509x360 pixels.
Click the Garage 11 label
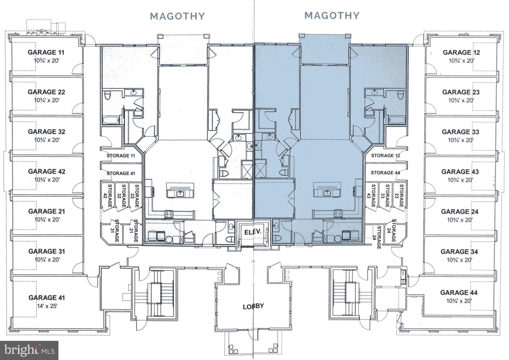pyautogui.click(x=46, y=52)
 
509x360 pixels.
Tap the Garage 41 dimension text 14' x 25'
pyautogui.click(x=47, y=306)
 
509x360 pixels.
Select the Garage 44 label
pyautogui.click(x=459, y=292)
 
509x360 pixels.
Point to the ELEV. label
pyautogui.click(x=253, y=232)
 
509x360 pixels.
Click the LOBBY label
pyautogui.click(x=253, y=306)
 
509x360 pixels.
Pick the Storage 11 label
pyautogui.click(x=121, y=156)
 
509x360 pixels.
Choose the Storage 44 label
pyautogui.click(x=385, y=173)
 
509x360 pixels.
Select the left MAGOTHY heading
pyautogui.click(x=177, y=16)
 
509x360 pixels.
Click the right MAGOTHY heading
pyautogui.click(x=332, y=16)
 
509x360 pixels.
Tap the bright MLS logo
pyautogui.click(x=29, y=350)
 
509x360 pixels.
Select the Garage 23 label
pyautogui.click(x=461, y=92)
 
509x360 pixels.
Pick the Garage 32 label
pyautogui.click(x=47, y=132)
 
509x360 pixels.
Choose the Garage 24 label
pyautogui.click(x=460, y=211)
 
